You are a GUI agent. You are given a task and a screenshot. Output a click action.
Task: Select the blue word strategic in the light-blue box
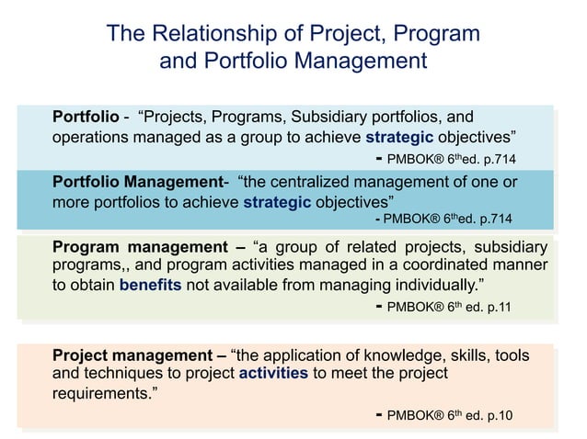click(x=404, y=138)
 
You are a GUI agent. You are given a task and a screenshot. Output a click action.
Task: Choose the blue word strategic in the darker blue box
click(x=277, y=201)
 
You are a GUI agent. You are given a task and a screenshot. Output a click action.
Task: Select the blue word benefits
click(x=151, y=285)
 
